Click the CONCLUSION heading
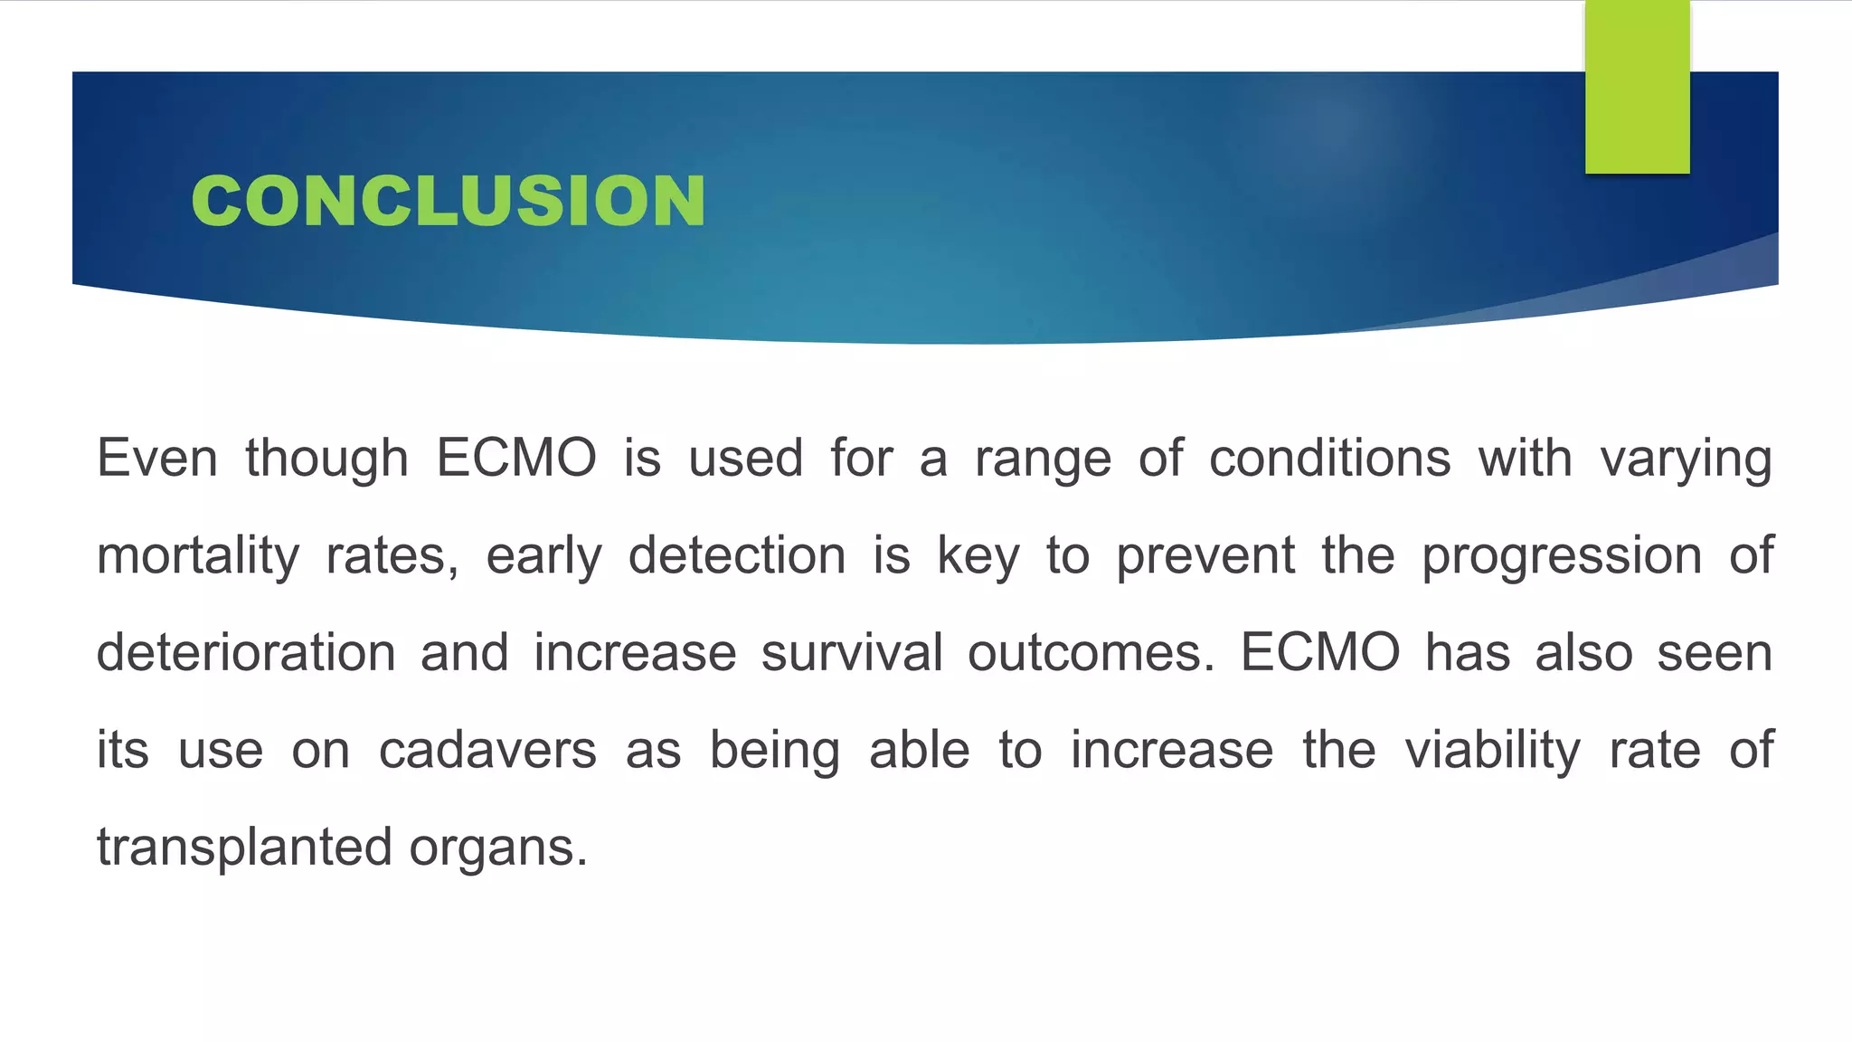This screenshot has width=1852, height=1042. point(448,200)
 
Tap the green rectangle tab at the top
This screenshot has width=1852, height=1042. point(1637,87)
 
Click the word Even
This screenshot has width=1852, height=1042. point(157,458)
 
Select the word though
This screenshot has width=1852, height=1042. point(326,458)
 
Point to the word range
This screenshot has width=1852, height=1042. point(1043,459)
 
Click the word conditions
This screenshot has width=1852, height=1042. point(1329,458)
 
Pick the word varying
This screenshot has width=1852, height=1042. point(1686,459)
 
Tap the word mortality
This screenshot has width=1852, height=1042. point(198,555)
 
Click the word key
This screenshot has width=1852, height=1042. point(978,555)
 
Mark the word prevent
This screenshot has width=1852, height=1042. point(1205,555)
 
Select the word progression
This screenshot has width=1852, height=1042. point(1562,556)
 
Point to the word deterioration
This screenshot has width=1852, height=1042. point(246,652)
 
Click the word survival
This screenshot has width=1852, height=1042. point(852,652)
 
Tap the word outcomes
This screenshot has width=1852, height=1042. point(1091,652)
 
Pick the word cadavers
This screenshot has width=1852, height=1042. point(487,750)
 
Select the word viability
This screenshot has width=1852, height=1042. point(1492,750)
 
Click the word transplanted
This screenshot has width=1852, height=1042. point(244,848)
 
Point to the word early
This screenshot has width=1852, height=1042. point(543,556)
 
